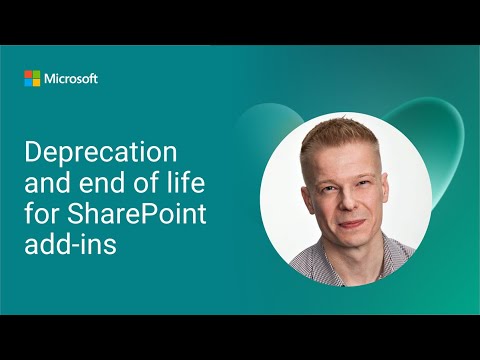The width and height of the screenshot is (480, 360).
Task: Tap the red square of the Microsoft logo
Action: click(x=28, y=74)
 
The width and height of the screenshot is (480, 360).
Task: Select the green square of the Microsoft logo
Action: click(x=36, y=74)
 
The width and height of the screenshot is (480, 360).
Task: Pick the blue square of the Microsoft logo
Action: click(x=28, y=82)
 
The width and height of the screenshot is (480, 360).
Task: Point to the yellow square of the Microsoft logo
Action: click(x=36, y=82)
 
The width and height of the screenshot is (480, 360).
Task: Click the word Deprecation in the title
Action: click(x=100, y=154)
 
